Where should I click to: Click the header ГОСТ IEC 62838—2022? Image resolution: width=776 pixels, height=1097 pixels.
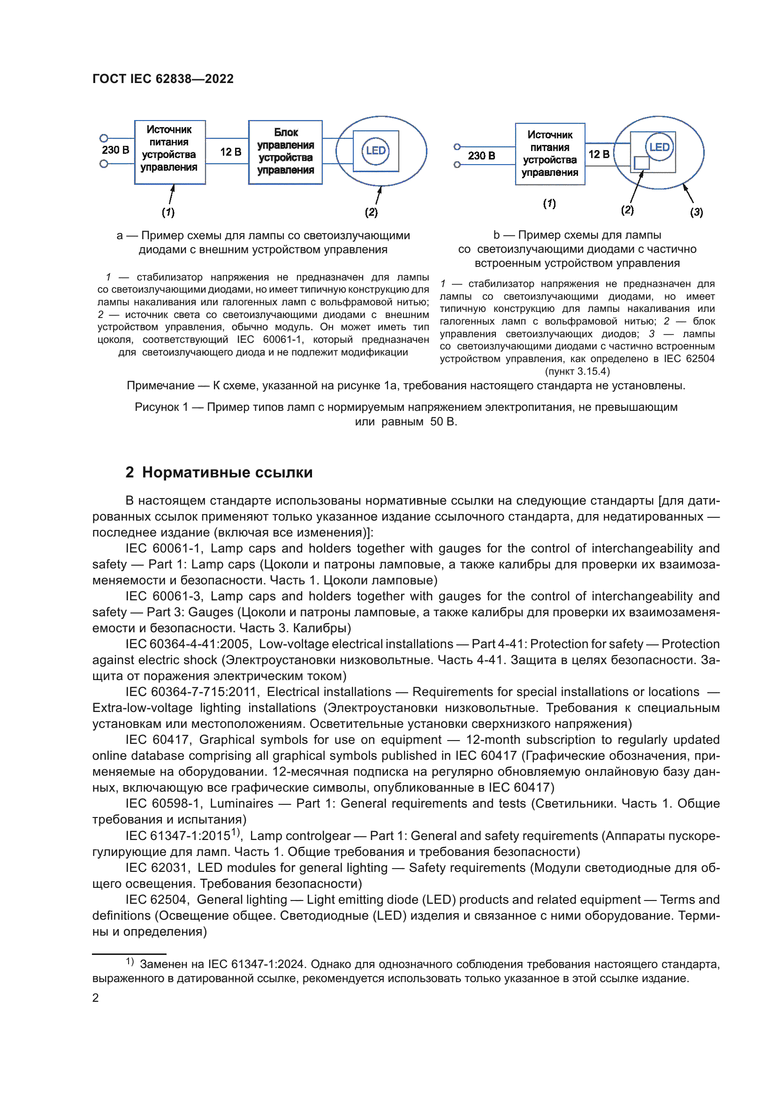point(163,79)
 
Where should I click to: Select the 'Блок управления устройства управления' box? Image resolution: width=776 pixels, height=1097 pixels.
point(285,151)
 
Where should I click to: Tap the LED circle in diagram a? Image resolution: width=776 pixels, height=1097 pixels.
point(376,151)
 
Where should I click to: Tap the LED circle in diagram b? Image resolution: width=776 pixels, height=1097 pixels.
point(659,147)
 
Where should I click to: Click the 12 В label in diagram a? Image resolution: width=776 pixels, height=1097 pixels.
point(230,152)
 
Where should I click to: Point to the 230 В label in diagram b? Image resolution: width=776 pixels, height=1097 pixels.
point(481,156)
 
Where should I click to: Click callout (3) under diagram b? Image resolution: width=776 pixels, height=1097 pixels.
point(696,212)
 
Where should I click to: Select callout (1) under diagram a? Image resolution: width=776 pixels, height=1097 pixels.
point(168,212)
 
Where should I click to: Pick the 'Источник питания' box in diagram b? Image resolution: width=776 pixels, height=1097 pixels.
point(549,154)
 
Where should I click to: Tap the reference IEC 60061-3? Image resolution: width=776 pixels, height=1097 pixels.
point(164,596)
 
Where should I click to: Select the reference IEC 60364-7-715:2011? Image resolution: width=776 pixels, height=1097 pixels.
point(192,692)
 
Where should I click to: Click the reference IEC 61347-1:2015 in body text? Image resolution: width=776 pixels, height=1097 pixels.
point(178,836)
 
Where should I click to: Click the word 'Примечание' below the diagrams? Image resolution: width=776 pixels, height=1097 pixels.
point(160,386)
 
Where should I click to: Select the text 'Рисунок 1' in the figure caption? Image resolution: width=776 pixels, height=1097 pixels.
point(161,407)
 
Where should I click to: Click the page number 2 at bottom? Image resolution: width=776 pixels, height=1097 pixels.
point(96,998)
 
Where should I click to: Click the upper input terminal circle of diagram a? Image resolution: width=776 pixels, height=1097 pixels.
point(104,138)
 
